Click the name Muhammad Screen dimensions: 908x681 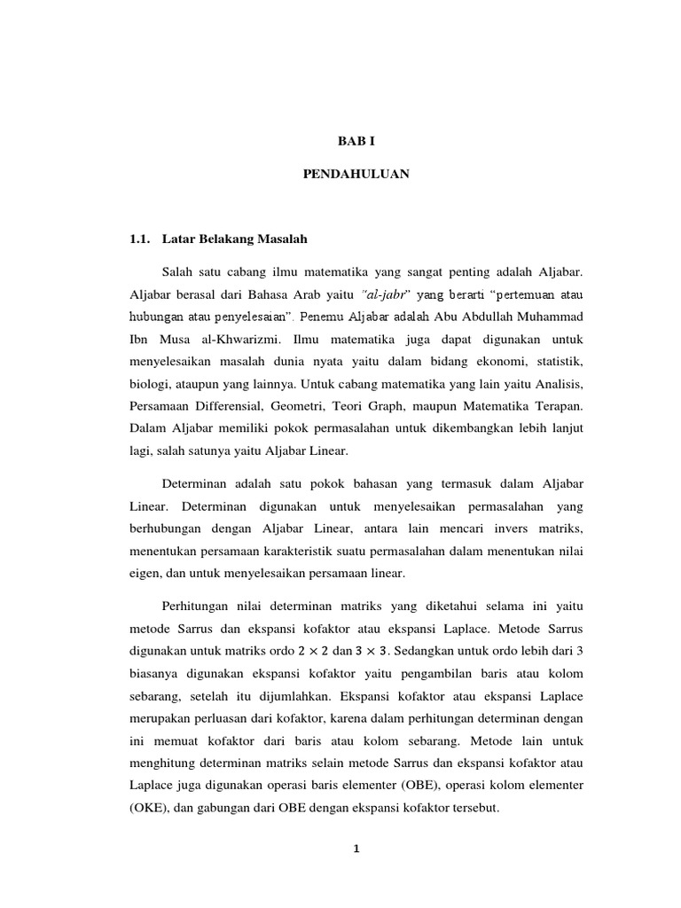[550, 316]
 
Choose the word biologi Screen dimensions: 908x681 [150, 385]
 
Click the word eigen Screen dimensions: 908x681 [146, 575]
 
